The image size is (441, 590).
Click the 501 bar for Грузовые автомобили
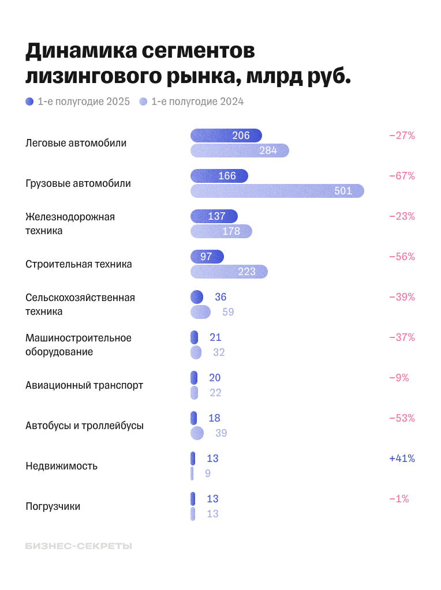(277, 191)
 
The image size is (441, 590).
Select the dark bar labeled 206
(226, 136)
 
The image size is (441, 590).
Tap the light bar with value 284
(240, 151)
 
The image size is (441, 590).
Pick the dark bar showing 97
(207, 257)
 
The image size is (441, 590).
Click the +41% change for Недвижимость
(402, 459)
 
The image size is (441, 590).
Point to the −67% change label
(402, 176)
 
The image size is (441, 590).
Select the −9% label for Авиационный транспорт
(399, 378)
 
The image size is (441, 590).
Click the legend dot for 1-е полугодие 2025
(30, 102)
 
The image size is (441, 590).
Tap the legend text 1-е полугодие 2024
(197, 102)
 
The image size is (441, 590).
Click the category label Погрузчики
(53, 506)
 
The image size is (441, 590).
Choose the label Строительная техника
(79, 264)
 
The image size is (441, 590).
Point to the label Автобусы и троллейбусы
(84, 426)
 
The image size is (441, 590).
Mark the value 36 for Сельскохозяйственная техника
(220, 297)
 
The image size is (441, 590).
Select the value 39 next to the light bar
(221, 433)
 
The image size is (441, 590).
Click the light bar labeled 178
(221, 231)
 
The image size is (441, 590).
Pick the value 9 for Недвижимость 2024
(208, 473)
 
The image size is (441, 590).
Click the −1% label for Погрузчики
(399, 499)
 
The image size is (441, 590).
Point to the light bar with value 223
(229, 272)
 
